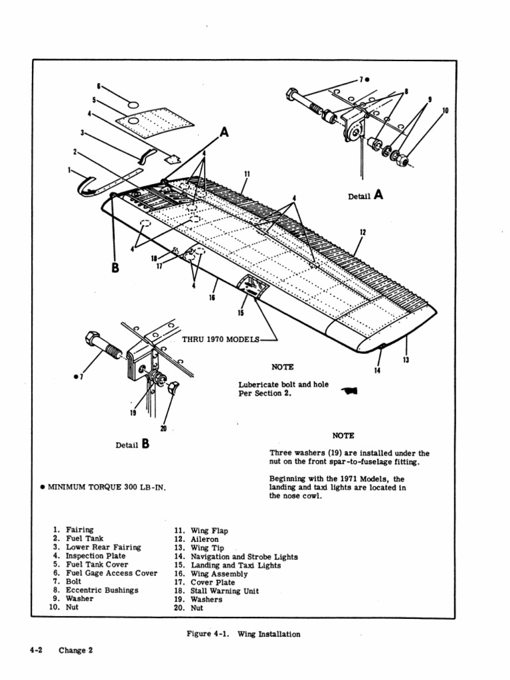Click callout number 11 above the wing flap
coord(246,174)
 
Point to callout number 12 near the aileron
coord(363,232)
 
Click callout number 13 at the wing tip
coord(406,360)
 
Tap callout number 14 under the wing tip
coord(377,370)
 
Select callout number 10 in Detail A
coord(445,110)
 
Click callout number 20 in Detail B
coord(163,428)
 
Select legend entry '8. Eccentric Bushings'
coord(96,590)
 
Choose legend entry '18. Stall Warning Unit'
coord(216,591)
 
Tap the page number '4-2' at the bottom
coord(36,650)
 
